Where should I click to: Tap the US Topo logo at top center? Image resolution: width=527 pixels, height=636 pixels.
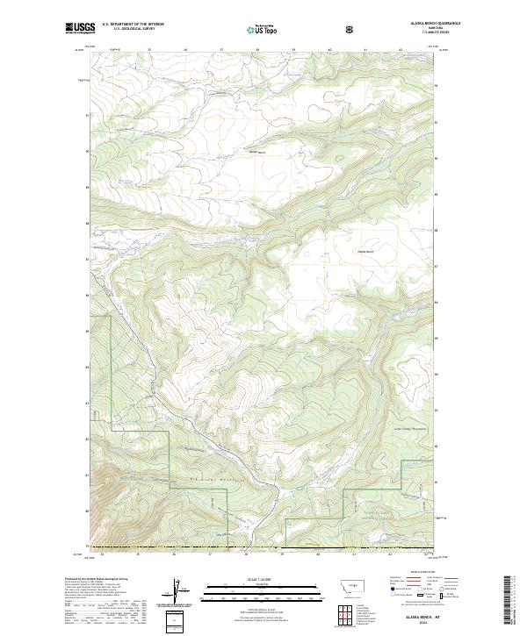(263, 29)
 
